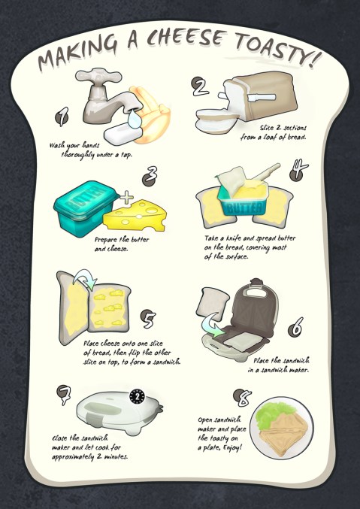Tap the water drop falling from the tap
(x=133, y=119)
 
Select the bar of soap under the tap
(x=123, y=134)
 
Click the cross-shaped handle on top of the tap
(x=98, y=76)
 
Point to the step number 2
(x=200, y=86)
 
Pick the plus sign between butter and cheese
(x=126, y=198)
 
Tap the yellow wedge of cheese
(x=135, y=217)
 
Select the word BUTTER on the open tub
(x=246, y=208)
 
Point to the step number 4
(x=298, y=170)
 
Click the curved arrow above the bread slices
(x=85, y=279)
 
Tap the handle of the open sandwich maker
(x=256, y=291)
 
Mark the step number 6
(x=295, y=327)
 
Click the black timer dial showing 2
(x=137, y=396)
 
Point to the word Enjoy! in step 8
(x=232, y=448)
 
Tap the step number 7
(x=64, y=395)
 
